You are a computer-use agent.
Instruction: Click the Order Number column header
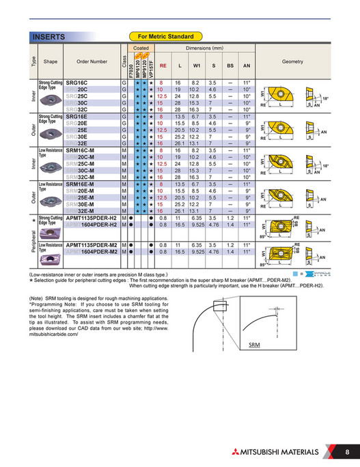coord(92,61)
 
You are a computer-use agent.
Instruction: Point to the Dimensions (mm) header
coord(207,49)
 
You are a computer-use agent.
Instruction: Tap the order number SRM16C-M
coord(81,150)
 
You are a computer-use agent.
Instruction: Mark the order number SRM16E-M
coord(81,184)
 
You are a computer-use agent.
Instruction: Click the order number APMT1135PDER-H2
coord(92,218)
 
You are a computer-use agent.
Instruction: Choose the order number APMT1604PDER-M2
coord(92,251)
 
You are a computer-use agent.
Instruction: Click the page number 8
coord(347,452)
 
